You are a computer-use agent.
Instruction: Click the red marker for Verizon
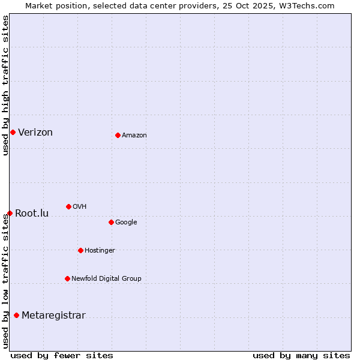[13, 132]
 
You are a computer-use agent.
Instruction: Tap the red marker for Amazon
[118, 135]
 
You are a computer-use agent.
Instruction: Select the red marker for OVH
[68, 206]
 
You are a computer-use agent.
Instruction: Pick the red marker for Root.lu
[10, 213]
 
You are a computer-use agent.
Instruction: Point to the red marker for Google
[111, 222]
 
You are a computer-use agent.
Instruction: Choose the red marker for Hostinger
[80, 250]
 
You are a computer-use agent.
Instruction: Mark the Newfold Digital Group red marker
[67, 278]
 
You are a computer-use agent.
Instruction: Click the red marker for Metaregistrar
[16, 315]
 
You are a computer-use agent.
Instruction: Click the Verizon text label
[35, 133]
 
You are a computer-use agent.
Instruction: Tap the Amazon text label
[134, 136]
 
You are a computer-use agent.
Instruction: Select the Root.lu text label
[32, 214]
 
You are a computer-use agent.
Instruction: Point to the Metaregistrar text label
[53, 316]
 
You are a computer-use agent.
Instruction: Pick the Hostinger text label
[100, 251]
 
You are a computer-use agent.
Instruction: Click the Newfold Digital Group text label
[106, 279]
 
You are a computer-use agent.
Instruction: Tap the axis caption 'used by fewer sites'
[62, 355]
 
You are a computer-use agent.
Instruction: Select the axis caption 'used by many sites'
[301, 355]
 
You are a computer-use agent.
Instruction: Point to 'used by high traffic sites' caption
[6, 85]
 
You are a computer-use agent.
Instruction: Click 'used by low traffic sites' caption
[6, 281]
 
